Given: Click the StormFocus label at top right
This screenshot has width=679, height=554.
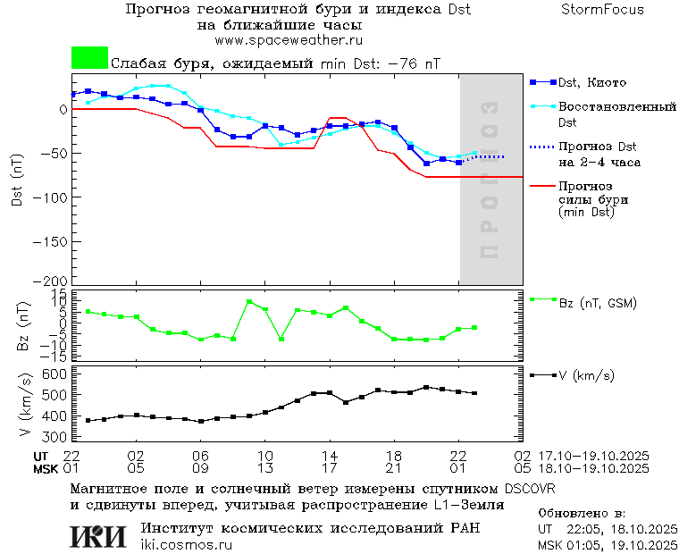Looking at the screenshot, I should (602, 10).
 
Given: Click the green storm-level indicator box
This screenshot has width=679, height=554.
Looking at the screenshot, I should (89, 58).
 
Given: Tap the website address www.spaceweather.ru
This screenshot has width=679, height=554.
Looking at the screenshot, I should (288, 40).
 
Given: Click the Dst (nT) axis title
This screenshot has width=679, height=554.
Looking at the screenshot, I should (17, 189).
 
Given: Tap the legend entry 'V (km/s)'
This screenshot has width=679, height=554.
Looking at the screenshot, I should (586, 375).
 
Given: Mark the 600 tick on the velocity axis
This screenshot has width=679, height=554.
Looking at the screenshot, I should (55, 374).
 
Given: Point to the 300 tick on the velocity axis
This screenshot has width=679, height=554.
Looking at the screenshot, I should (55, 438).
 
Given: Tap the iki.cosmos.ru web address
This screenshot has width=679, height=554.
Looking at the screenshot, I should (186, 545).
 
